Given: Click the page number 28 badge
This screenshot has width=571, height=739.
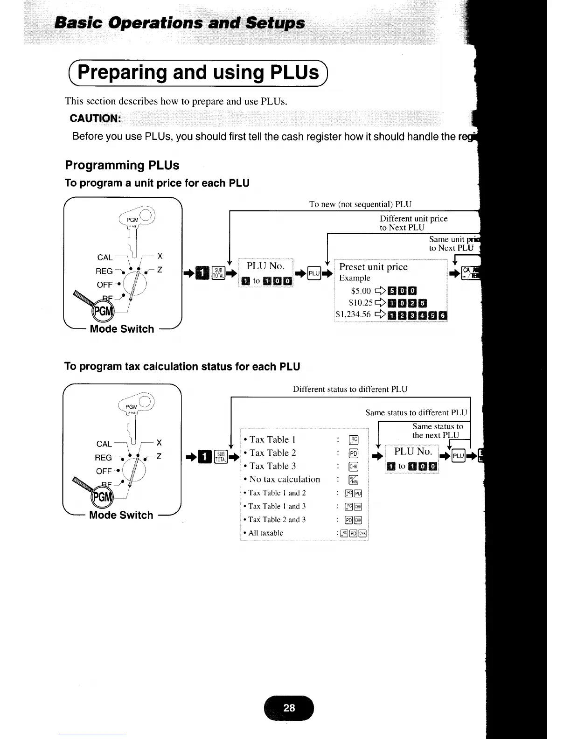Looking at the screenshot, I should (x=289, y=708).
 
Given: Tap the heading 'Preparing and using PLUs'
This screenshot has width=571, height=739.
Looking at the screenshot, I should (x=199, y=73).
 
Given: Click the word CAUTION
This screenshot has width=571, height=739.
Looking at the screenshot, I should (x=95, y=119).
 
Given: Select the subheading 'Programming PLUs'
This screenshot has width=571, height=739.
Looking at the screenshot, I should (x=122, y=165).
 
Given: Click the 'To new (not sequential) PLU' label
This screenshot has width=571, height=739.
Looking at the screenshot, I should (x=360, y=204).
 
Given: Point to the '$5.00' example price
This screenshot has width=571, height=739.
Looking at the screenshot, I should (x=361, y=291).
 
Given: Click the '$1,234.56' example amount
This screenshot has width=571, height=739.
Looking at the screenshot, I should (x=353, y=314).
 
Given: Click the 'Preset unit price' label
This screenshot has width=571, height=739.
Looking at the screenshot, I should (x=373, y=267).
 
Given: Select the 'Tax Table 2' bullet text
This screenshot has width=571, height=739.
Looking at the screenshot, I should (x=272, y=453).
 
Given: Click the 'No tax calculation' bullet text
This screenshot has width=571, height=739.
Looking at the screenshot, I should (x=285, y=479).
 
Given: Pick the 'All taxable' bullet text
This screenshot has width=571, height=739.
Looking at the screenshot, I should (x=265, y=533).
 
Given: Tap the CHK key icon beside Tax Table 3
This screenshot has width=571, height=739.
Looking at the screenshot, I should (x=353, y=467).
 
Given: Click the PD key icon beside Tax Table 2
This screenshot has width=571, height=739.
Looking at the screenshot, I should (x=353, y=453).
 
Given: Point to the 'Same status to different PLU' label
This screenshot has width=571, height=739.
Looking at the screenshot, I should (x=416, y=412).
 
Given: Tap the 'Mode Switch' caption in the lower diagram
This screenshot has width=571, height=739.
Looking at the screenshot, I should (x=121, y=515).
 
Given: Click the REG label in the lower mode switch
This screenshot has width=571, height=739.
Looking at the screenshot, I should (x=103, y=458).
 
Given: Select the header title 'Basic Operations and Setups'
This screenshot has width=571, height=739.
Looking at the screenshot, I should (x=180, y=23).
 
